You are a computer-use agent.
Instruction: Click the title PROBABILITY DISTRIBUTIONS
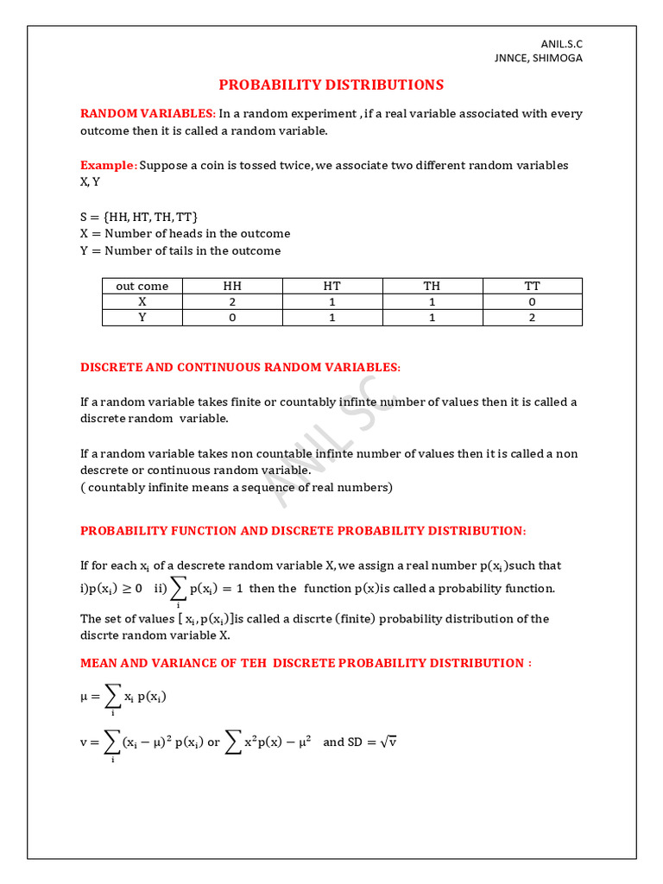click(x=331, y=85)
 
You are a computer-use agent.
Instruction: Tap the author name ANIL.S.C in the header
click(x=562, y=43)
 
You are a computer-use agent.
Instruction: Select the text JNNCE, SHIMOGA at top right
click(x=537, y=58)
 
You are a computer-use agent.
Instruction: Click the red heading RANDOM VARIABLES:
click(x=148, y=113)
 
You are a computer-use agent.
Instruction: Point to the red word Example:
click(x=108, y=165)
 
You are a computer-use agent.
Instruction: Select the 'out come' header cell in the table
click(x=142, y=286)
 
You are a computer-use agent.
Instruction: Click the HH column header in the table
click(x=232, y=286)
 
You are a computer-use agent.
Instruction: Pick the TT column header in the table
click(x=532, y=286)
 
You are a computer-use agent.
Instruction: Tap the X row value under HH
click(x=232, y=301)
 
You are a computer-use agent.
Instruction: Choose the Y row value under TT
click(x=532, y=317)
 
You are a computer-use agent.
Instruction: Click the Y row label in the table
click(x=142, y=317)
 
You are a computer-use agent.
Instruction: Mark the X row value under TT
click(x=532, y=301)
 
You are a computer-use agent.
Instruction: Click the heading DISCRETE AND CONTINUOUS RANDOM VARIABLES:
click(x=240, y=367)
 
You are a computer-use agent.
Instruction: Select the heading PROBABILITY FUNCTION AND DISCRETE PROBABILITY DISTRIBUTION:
click(x=302, y=530)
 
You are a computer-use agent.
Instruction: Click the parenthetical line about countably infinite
click(x=236, y=487)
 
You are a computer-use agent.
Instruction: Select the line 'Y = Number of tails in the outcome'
click(x=180, y=250)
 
